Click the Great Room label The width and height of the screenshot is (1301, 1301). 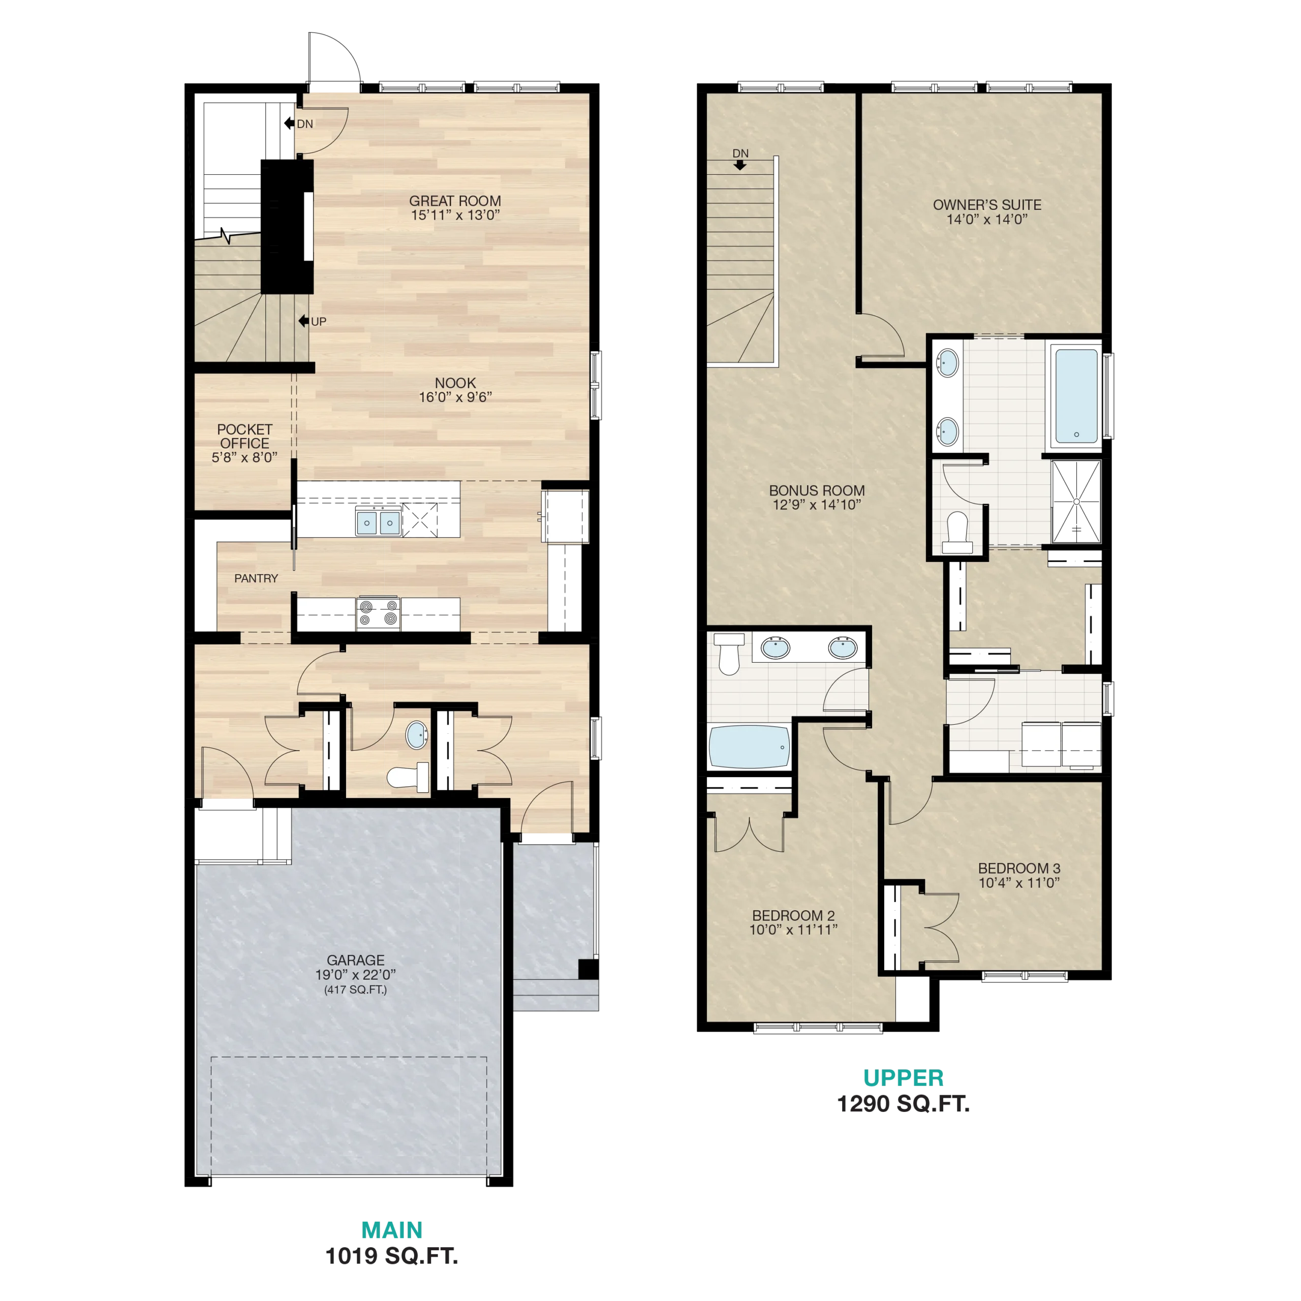tap(455, 201)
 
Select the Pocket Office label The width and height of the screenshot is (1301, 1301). tap(244, 437)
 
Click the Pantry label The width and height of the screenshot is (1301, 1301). tap(256, 578)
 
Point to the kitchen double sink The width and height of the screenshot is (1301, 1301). tap(379, 522)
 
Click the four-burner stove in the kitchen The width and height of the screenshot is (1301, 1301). tap(378, 613)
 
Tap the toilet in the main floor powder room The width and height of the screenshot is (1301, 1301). tap(409, 778)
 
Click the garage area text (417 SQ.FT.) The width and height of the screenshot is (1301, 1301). tap(356, 989)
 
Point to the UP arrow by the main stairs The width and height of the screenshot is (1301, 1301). tap(304, 321)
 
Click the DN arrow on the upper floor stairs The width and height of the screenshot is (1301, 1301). tap(740, 165)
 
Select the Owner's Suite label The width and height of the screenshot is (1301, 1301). tap(987, 205)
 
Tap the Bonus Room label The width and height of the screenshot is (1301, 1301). tap(817, 491)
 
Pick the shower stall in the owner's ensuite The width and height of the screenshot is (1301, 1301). tap(1076, 502)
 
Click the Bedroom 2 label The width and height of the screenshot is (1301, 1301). tap(793, 916)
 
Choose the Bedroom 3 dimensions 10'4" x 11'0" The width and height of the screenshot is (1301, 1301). tap(1019, 883)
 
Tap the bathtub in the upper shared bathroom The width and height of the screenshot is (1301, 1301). tap(749, 747)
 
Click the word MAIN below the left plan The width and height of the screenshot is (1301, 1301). tap(392, 1230)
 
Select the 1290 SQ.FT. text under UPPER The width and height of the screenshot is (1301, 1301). tap(903, 1104)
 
